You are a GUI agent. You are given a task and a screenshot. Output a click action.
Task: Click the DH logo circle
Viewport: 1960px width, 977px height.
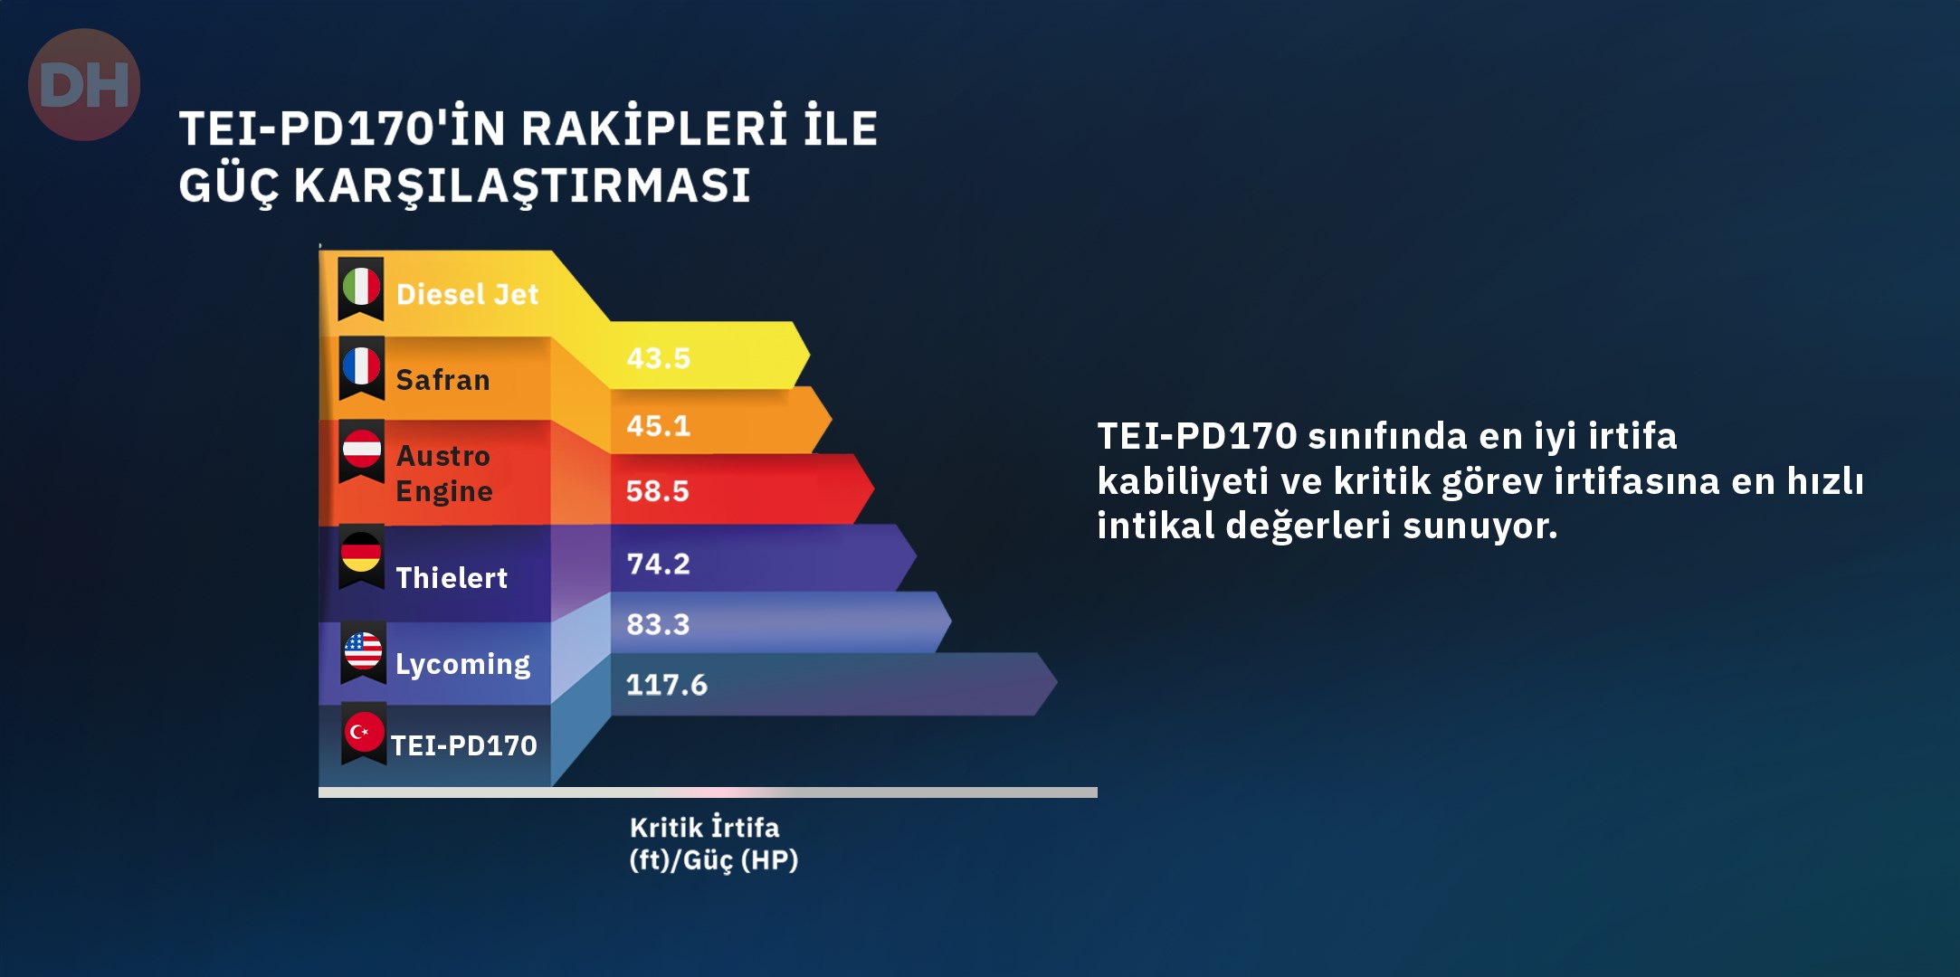click(x=84, y=84)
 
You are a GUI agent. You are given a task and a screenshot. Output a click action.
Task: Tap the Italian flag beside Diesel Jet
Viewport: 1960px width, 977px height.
click(x=361, y=287)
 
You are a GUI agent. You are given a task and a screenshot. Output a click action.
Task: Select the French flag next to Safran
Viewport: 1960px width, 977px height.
click(x=361, y=366)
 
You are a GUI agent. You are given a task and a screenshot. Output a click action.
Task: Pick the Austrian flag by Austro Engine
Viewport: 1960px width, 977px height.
click(x=361, y=449)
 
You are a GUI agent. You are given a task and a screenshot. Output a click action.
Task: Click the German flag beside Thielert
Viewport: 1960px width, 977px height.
click(x=361, y=552)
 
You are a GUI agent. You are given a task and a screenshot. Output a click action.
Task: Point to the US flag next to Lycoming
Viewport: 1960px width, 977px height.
click(x=363, y=650)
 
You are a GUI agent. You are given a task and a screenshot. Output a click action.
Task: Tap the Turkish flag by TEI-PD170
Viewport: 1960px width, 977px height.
click(x=364, y=732)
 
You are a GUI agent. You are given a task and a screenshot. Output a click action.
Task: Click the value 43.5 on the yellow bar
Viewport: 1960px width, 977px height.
click(x=658, y=358)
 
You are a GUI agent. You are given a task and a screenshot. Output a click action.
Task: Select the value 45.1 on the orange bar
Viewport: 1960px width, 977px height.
click(x=658, y=425)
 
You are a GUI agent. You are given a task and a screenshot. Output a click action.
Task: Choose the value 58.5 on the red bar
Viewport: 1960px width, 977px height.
click(x=658, y=490)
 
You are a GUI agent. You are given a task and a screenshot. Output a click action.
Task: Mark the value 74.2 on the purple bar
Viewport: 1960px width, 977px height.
click(x=658, y=564)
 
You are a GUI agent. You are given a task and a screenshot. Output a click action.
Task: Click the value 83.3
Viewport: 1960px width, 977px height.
click(x=658, y=624)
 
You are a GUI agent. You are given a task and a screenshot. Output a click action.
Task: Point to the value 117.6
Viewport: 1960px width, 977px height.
click(x=667, y=685)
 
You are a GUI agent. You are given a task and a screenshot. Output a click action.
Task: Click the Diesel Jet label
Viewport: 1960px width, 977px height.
click(x=467, y=294)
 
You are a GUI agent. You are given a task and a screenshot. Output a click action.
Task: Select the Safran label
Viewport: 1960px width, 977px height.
click(x=442, y=380)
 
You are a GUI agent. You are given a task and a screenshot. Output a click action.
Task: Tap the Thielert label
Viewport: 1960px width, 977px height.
click(x=452, y=577)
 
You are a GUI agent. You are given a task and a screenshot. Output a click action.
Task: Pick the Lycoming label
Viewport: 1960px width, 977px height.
click(x=462, y=665)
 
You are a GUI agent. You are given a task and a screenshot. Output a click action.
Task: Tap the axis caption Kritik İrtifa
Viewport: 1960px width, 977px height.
click(x=704, y=827)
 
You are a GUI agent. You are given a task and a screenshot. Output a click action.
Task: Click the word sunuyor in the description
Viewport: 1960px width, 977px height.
click(x=1480, y=526)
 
